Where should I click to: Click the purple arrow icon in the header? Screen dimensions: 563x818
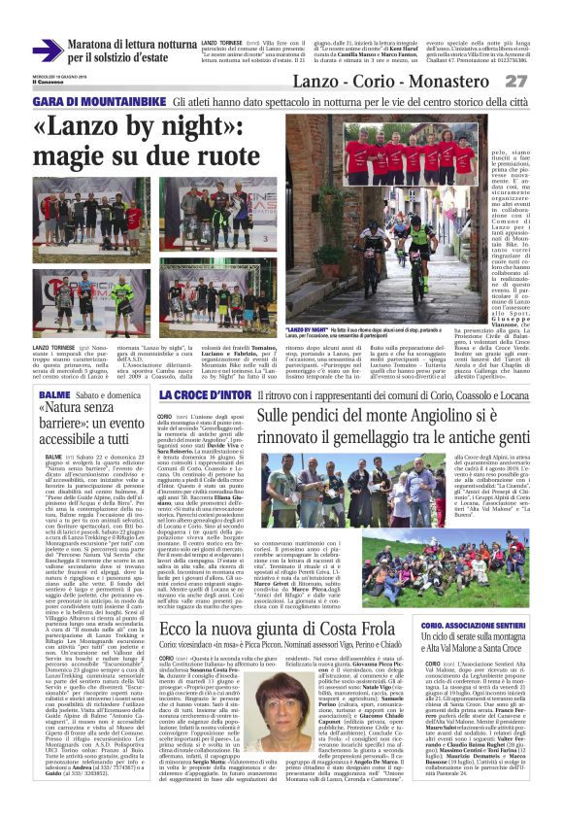click(47, 51)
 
